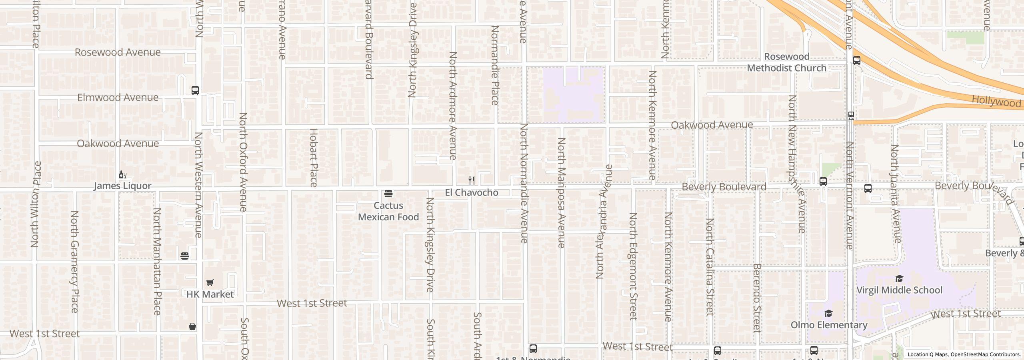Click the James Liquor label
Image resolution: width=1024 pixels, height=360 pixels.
122,186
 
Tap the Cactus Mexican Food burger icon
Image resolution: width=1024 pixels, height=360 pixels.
388,194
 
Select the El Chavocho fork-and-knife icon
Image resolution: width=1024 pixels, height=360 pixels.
472,181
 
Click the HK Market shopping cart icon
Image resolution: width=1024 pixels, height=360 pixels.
210,283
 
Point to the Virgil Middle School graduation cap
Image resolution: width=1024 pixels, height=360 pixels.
899,279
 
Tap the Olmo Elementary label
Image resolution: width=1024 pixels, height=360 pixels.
829,325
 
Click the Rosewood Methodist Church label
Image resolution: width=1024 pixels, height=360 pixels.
786,62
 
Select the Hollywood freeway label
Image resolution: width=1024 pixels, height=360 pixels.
996,101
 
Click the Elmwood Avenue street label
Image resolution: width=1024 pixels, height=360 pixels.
118,98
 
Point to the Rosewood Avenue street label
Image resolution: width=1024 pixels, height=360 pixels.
118,52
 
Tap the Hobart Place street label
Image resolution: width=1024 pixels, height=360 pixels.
313,158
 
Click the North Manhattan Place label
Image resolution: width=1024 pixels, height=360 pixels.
157,261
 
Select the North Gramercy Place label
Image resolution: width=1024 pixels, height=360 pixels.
74,261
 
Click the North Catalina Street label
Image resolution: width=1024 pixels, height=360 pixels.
710,267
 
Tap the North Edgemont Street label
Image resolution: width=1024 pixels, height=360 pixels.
633,266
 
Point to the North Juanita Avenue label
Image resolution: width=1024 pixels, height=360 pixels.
895,194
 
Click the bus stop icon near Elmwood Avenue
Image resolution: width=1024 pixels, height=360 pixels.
195,90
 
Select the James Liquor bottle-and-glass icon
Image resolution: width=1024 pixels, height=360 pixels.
123,175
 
